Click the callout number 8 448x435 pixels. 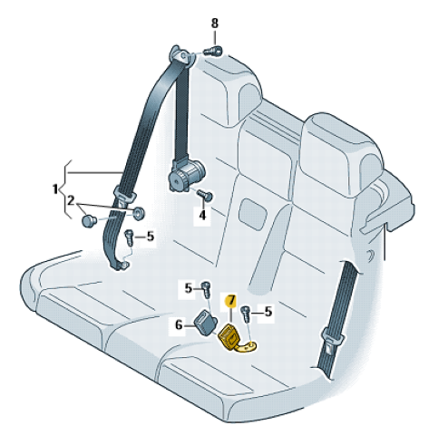point(214,24)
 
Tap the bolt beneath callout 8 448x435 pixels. point(213,51)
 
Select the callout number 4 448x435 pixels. point(202,215)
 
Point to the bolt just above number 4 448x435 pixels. point(204,195)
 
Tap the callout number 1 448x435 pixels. point(55,189)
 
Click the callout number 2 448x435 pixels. point(71,200)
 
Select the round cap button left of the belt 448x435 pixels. point(89,221)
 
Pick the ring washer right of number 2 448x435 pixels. point(139,214)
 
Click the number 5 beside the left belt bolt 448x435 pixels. point(151,237)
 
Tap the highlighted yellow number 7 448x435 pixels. point(231,300)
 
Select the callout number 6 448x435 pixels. point(179,325)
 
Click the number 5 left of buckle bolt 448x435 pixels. point(189,288)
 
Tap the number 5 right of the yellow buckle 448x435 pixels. point(268,312)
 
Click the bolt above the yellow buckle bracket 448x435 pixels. point(245,314)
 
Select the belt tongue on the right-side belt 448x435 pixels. point(332,338)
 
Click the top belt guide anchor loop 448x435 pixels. point(182,55)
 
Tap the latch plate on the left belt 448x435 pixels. point(124,196)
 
